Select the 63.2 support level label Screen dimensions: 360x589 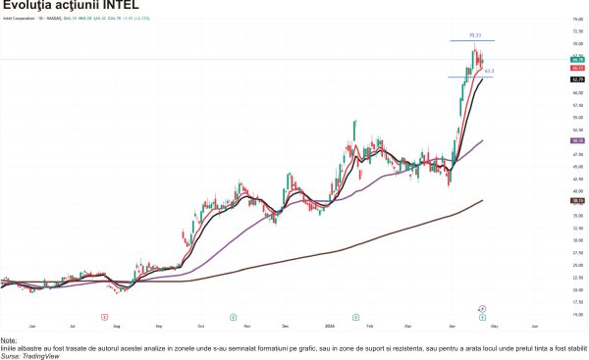[489, 72]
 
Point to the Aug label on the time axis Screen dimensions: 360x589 [116, 325]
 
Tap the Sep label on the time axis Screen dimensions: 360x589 [158, 325]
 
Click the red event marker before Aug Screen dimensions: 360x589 [104, 316]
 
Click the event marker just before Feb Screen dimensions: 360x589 [356, 316]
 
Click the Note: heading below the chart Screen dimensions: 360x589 [10, 340]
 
